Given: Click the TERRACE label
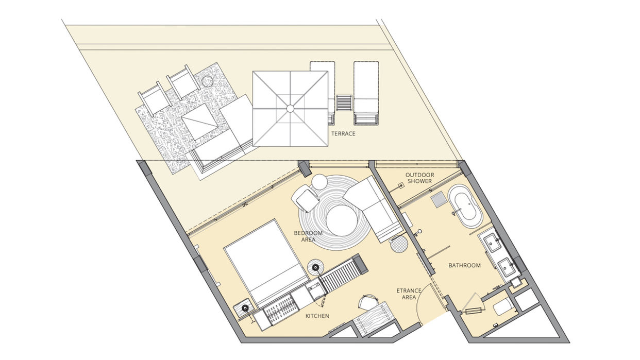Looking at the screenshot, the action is [343, 133].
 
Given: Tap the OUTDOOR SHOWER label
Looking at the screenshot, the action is [420, 178].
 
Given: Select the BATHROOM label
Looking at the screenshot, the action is [464, 266].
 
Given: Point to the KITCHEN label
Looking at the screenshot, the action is [317, 316].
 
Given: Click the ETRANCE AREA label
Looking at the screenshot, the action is [409, 294].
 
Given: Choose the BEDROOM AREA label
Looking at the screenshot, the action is [308, 236].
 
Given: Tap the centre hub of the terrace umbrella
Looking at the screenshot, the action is [290, 109].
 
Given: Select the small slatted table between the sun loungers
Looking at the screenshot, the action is [344, 102].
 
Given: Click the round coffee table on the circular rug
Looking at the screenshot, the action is [342, 220].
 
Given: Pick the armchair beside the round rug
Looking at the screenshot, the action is [305, 198].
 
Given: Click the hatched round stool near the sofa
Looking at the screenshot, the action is [399, 244].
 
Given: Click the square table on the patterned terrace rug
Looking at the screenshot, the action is [200, 122].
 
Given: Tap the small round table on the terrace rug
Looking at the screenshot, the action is [207, 81].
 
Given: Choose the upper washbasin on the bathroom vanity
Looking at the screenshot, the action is [492, 243].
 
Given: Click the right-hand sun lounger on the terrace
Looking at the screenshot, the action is [366, 93].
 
